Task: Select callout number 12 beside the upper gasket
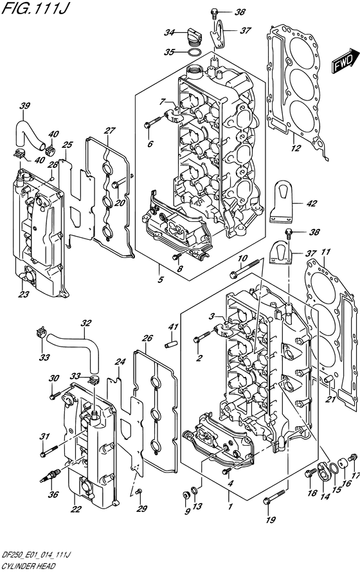[x=296, y=150]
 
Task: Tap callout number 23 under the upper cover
[x=24, y=295]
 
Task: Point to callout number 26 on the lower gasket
[x=147, y=338]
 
